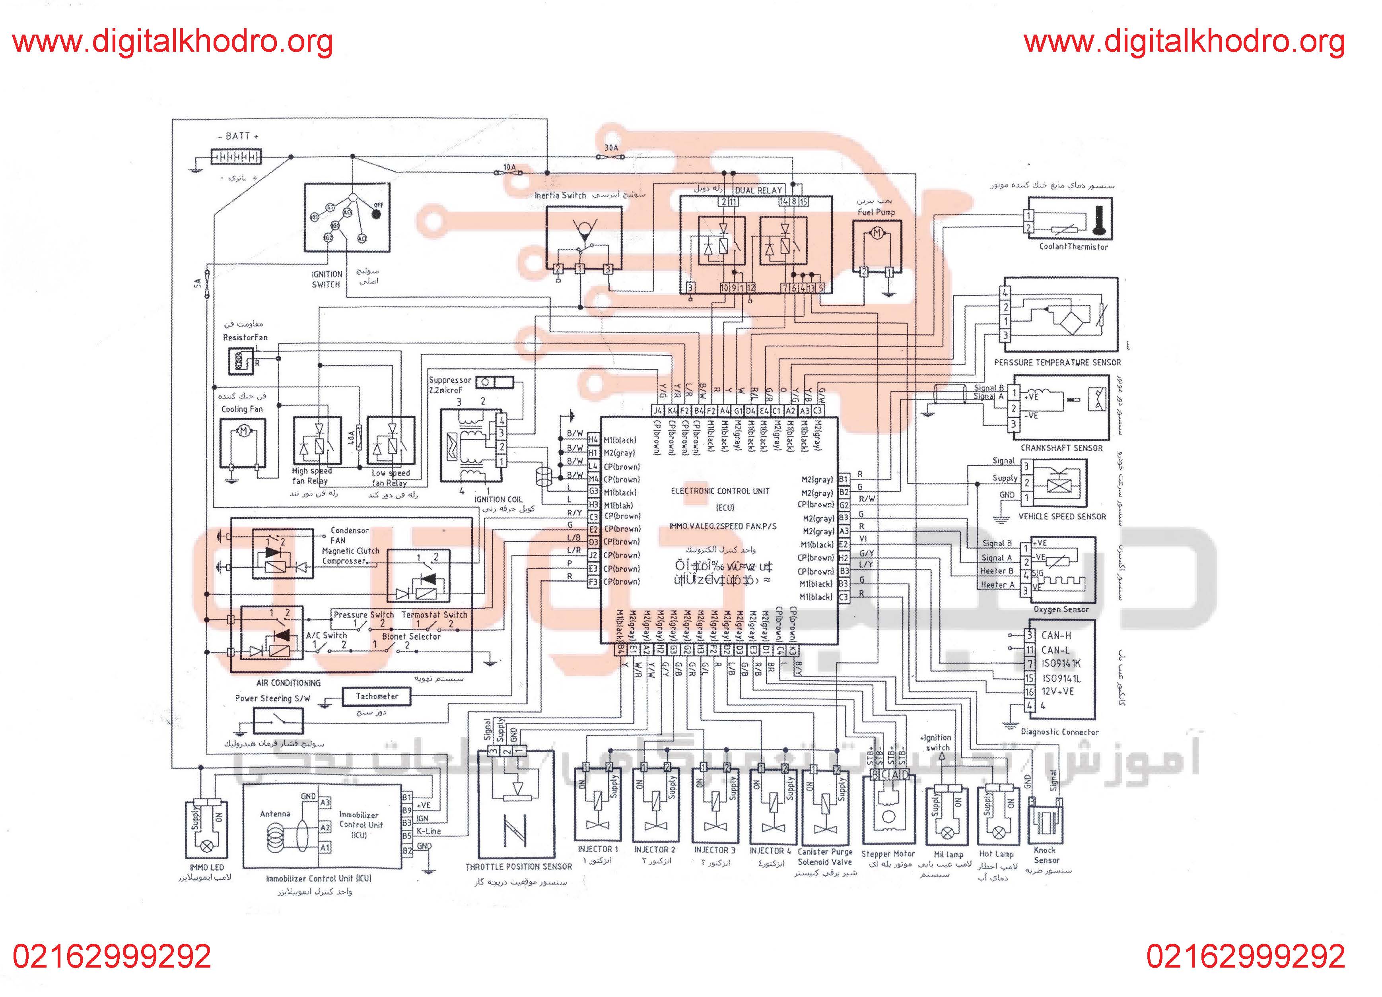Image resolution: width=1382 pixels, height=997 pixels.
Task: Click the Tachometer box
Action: click(377, 696)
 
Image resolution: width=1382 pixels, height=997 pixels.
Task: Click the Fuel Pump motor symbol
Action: click(877, 233)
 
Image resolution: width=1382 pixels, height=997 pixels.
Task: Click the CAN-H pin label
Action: click(1056, 635)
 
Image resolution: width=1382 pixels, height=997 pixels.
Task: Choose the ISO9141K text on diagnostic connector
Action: click(1061, 664)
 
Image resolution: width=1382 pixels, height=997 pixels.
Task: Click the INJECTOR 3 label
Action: click(714, 850)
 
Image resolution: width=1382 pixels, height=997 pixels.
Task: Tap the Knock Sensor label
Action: click(1046, 855)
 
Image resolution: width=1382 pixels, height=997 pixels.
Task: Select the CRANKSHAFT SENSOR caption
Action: click(1061, 448)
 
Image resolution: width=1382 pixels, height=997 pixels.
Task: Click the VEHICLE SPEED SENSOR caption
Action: click(1062, 516)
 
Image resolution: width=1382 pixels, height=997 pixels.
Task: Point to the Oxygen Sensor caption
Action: click(1061, 609)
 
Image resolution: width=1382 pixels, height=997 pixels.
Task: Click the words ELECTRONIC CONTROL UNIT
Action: click(720, 491)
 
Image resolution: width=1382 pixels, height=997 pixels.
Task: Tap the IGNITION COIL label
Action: click(498, 499)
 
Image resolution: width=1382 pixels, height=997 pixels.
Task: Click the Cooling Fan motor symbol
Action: click(244, 432)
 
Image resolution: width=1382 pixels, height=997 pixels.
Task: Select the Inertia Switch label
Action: click(560, 196)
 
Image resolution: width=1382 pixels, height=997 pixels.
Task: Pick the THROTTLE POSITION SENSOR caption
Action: click(519, 867)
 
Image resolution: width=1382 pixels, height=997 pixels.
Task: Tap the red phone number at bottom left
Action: click(112, 957)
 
